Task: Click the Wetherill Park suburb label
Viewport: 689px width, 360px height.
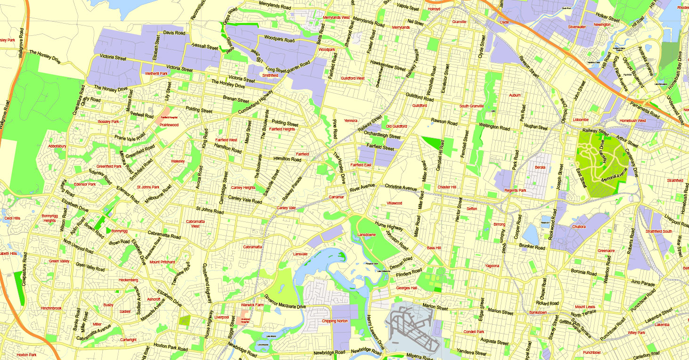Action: [156, 74]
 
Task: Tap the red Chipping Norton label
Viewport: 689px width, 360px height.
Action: [335, 321]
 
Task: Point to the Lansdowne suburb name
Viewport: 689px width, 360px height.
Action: [367, 234]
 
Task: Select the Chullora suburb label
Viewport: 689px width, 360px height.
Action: [579, 227]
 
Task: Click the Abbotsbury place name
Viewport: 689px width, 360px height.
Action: [57, 146]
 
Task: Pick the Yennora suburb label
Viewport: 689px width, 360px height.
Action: [351, 121]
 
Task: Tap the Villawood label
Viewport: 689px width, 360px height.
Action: [394, 203]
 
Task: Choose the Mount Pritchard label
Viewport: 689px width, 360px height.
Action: [162, 262]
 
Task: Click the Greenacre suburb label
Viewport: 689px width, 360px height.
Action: [606, 251]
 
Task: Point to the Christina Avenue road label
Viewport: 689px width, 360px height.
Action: [401, 187]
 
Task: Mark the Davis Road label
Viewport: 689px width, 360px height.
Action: [174, 33]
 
